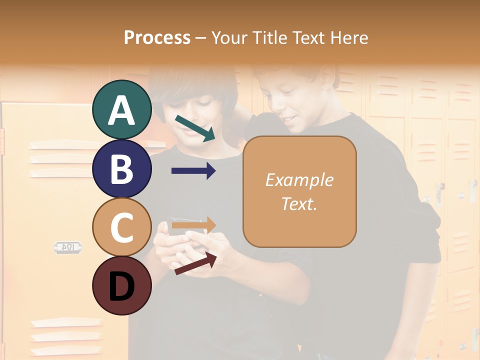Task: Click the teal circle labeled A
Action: point(121,109)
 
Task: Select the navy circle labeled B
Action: point(121,168)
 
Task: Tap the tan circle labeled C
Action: point(121,227)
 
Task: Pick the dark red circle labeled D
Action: point(121,285)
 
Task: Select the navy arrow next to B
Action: point(193,171)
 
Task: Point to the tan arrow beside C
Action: point(193,225)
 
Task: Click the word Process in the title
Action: point(157,37)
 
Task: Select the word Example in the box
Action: point(299,180)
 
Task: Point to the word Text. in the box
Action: point(299,203)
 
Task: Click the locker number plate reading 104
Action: point(68,247)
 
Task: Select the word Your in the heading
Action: point(230,37)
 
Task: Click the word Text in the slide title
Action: point(308,37)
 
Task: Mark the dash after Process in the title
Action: point(201,38)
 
